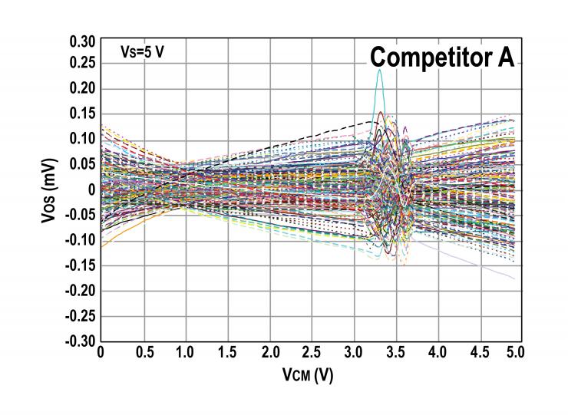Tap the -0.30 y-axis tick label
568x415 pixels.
click(x=81, y=341)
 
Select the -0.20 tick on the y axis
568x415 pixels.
click(x=81, y=291)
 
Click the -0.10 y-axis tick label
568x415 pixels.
click(x=81, y=240)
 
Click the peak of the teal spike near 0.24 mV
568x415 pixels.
click(x=379, y=71)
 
